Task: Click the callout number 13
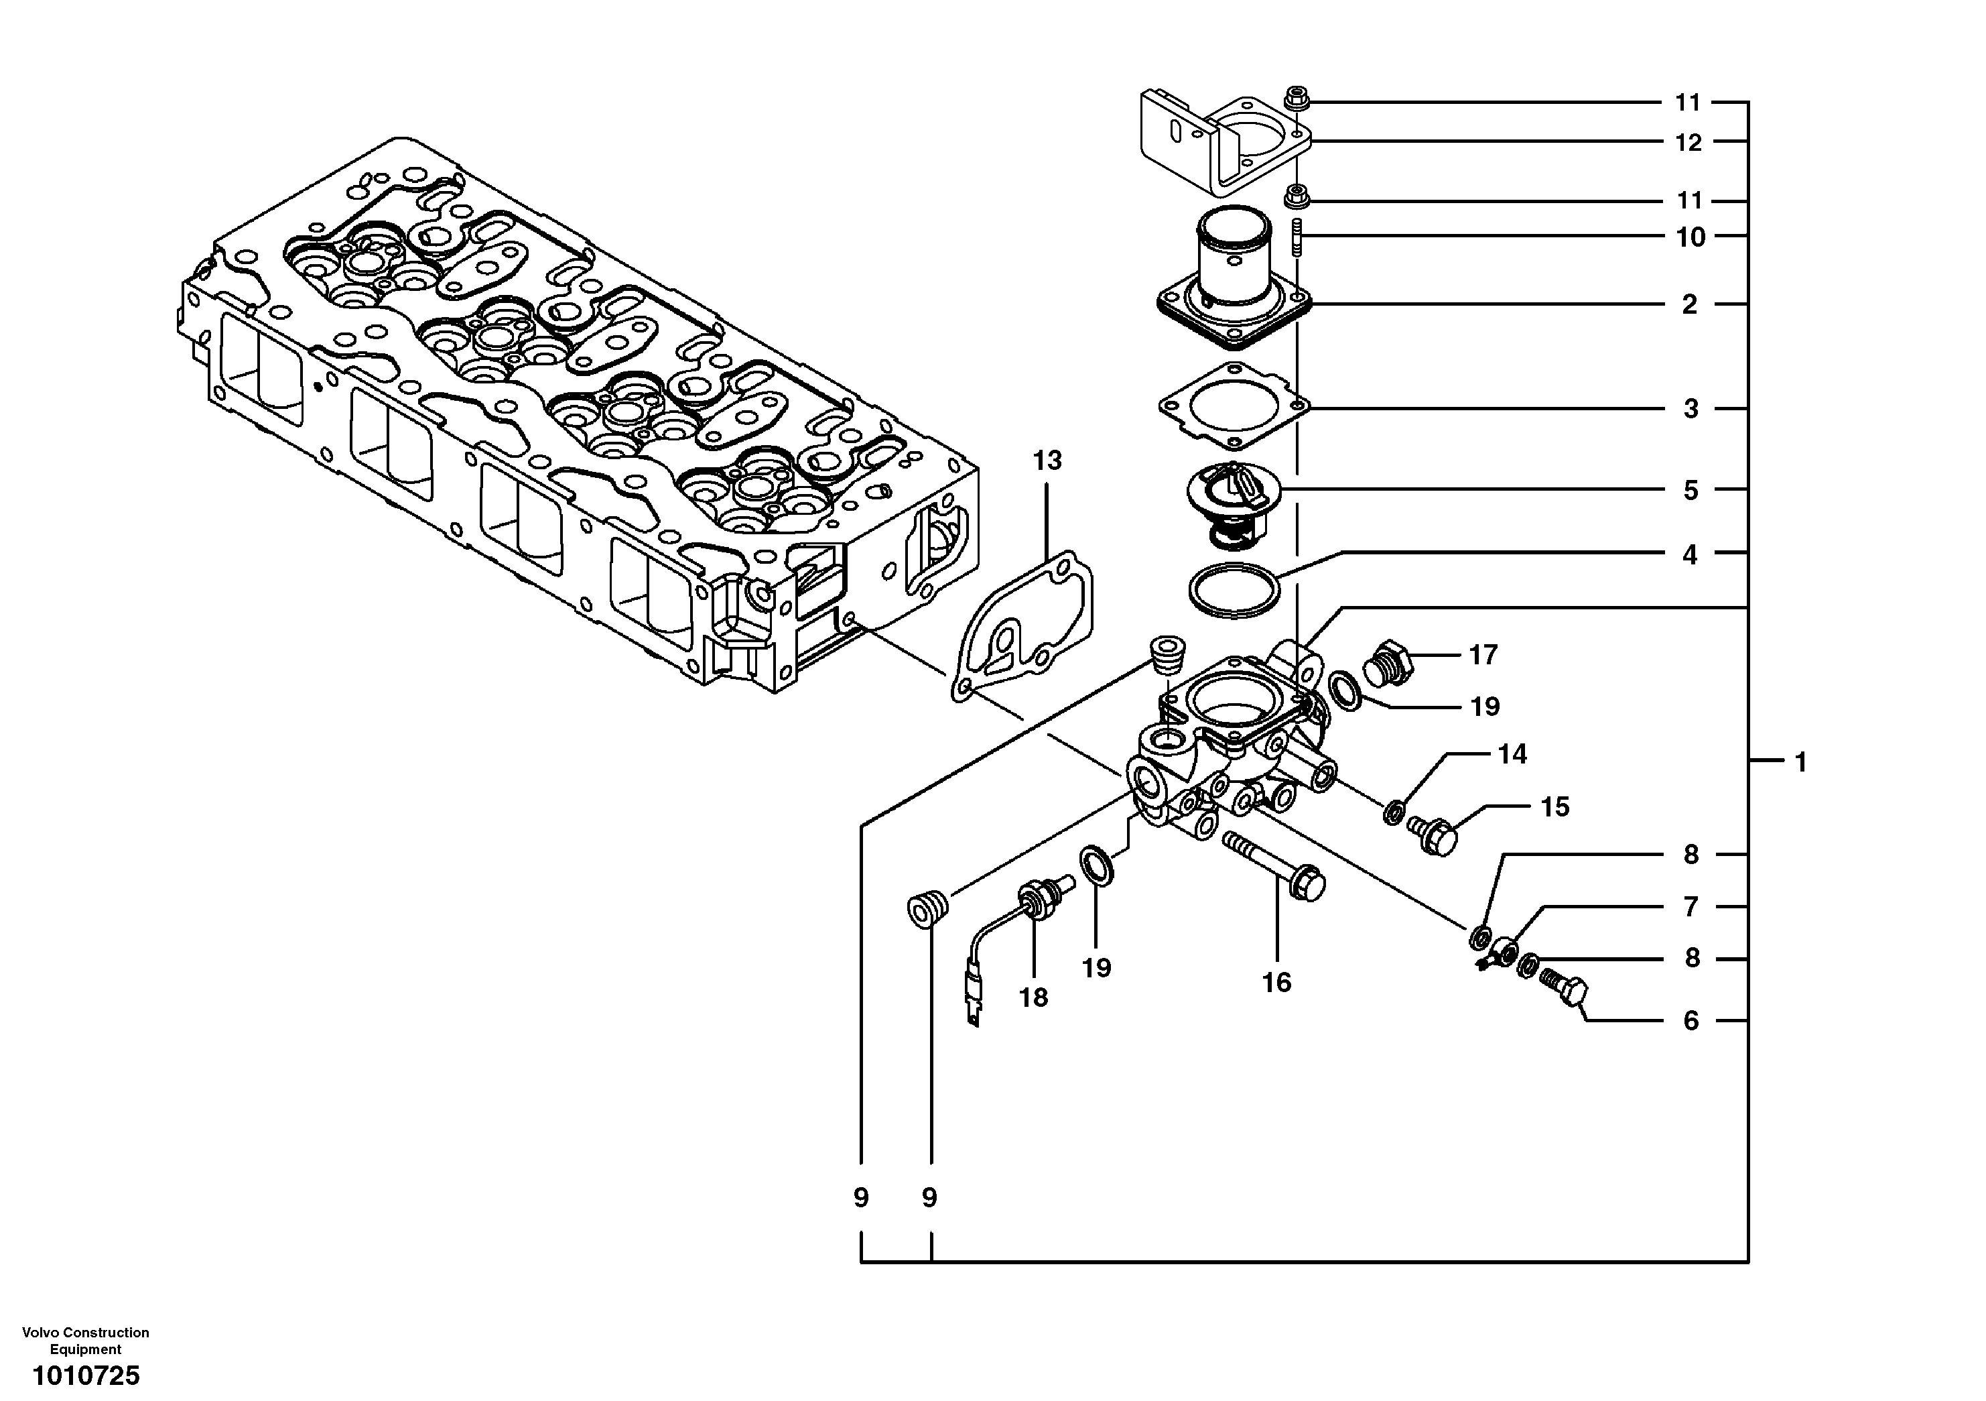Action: (x=1047, y=461)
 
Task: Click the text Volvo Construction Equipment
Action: (x=86, y=1341)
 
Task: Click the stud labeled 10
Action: (x=1297, y=238)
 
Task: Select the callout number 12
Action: (x=1689, y=143)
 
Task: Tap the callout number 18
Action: (x=1033, y=997)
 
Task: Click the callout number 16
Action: (x=1276, y=982)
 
